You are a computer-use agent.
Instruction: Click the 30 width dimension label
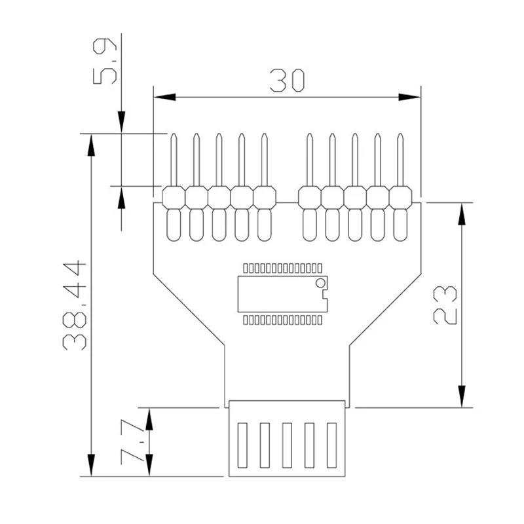point(287,81)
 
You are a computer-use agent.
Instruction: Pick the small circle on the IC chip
point(320,283)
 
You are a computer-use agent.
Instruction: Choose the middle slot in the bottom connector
point(287,445)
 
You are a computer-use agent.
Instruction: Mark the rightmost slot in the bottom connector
point(331,445)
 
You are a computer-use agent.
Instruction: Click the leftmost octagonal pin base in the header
point(174,196)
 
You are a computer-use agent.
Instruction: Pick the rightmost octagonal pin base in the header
point(400,196)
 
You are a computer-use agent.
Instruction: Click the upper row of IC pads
point(282,268)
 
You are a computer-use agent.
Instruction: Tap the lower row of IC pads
point(282,320)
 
